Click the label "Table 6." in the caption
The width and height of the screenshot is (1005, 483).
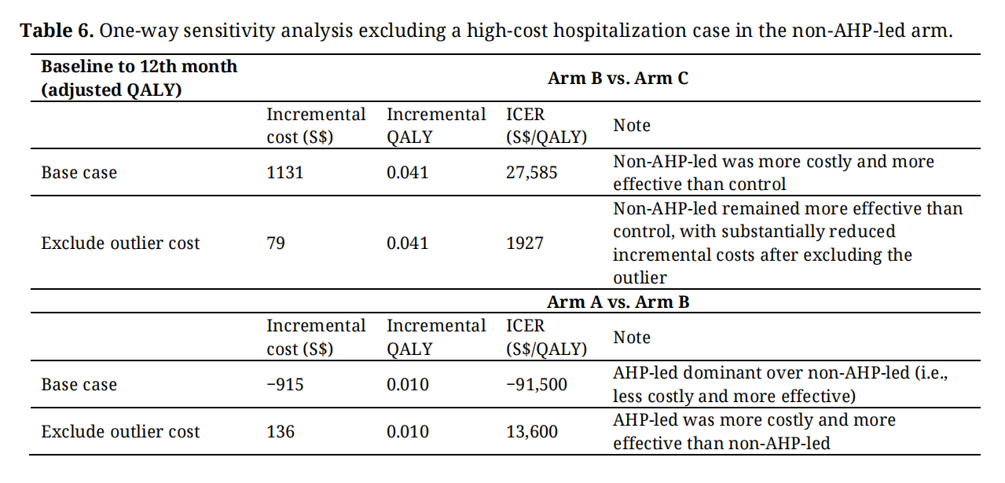[x=57, y=31]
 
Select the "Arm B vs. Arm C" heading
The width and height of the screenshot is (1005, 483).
[x=618, y=78]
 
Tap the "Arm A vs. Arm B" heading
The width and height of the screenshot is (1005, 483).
[x=618, y=302]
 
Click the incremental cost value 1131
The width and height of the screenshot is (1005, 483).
[x=285, y=172]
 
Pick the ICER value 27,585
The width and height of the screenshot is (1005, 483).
[x=532, y=173]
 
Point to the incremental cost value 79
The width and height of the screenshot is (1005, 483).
[x=276, y=243]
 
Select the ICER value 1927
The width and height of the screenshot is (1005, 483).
[x=524, y=243]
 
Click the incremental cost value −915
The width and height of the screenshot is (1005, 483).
[x=285, y=384]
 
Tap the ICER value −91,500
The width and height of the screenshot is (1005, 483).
[x=537, y=385]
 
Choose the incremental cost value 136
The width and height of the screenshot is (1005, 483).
[x=281, y=431]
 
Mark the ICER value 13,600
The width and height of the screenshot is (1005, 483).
[x=532, y=432]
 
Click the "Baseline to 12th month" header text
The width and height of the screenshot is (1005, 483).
[x=139, y=67]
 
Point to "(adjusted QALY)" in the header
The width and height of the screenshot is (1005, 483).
[x=112, y=90]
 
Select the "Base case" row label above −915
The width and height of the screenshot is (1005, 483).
[x=79, y=385]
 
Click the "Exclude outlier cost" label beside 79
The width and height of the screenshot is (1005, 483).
[x=120, y=243]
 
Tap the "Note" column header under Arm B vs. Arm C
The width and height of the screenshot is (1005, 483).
[x=632, y=125]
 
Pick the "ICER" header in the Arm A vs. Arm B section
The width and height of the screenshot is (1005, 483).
[x=526, y=326]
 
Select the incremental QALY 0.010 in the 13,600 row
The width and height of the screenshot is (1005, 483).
[x=407, y=431]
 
